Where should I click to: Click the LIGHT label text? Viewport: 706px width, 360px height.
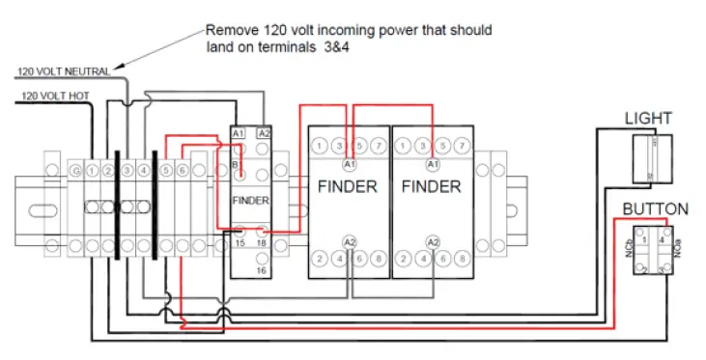(648, 119)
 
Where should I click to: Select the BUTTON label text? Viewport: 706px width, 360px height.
(655, 208)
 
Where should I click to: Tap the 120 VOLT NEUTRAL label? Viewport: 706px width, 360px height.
(62, 71)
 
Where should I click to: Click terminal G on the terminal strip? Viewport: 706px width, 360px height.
(75, 171)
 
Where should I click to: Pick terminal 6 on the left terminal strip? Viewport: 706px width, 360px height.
(182, 171)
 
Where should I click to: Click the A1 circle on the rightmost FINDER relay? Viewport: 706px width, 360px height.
(433, 166)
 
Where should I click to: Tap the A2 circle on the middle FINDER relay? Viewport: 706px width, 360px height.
(349, 241)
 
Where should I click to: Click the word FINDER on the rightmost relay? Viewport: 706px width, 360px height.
(432, 186)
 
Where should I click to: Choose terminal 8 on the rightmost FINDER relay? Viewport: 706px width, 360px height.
(464, 259)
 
